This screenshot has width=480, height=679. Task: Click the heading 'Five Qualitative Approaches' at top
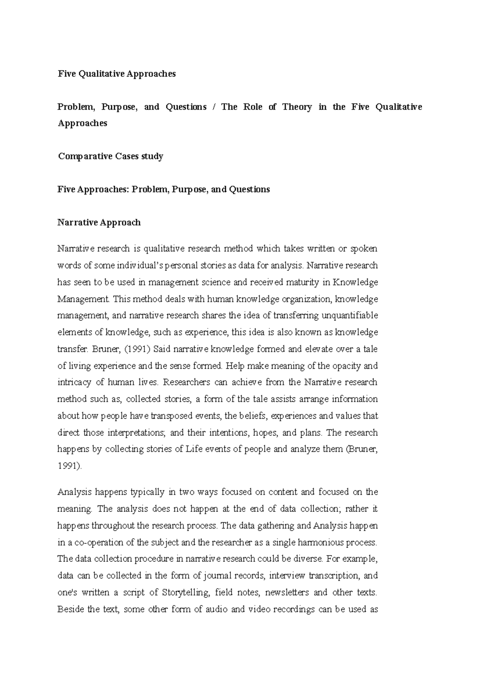tap(116, 74)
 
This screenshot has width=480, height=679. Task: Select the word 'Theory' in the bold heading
tap(297, 107)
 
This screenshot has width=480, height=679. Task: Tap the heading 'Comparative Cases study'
tap(110, 156)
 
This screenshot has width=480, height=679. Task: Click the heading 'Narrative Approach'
tap(99, 222)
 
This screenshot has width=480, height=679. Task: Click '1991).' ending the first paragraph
tap(70, 466)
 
